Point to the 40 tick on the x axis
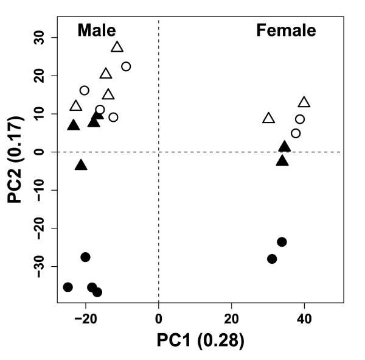pyautogui.click(x=304, y=317)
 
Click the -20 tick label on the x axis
pyautogui.click(x=86, y=317)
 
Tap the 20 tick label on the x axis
pyautogui.click(x=231, y=317)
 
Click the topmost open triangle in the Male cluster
pyautogui.click(x=117, y=47)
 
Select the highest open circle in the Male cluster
pyautogui.click(x=126, y=66)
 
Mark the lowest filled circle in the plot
pyautogui.click(x=97, y=292)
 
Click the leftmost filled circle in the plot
pyautogui.click(x=68, y=287)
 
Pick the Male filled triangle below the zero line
pyautogui.click(x=81, y=165)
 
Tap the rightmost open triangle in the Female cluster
pyautogui.click(x=304, y=102)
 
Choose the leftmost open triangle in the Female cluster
pyautogui.click(x=268, y=118)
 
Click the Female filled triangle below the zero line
pyautogui.click(x=282, y=161)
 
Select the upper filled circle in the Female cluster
pyautogui.click(x=282, y=242)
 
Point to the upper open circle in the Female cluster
pyautogui.click(x=300, y=119)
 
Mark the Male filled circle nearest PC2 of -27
pyautogui.click(x=85, y=257)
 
